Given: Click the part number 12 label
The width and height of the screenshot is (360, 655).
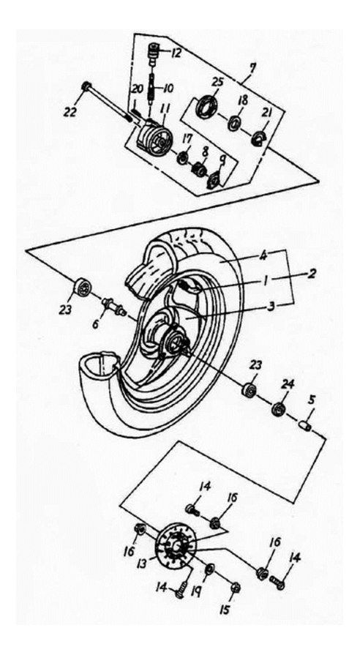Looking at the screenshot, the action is [176, 52].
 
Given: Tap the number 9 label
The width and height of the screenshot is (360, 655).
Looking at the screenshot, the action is [222, 160].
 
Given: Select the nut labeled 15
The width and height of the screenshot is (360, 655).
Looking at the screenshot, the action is [235, 588].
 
